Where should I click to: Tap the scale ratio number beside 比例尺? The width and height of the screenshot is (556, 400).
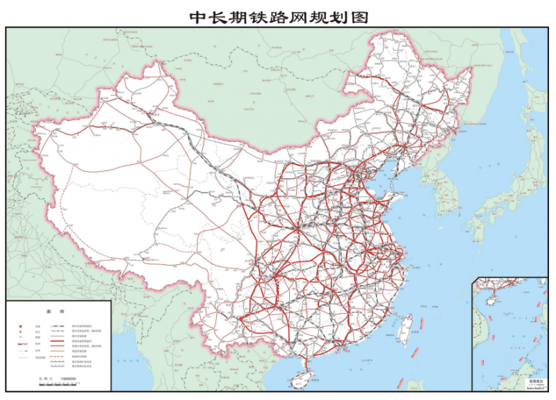(68, 378)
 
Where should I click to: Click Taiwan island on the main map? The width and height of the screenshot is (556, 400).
(407, 325)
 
